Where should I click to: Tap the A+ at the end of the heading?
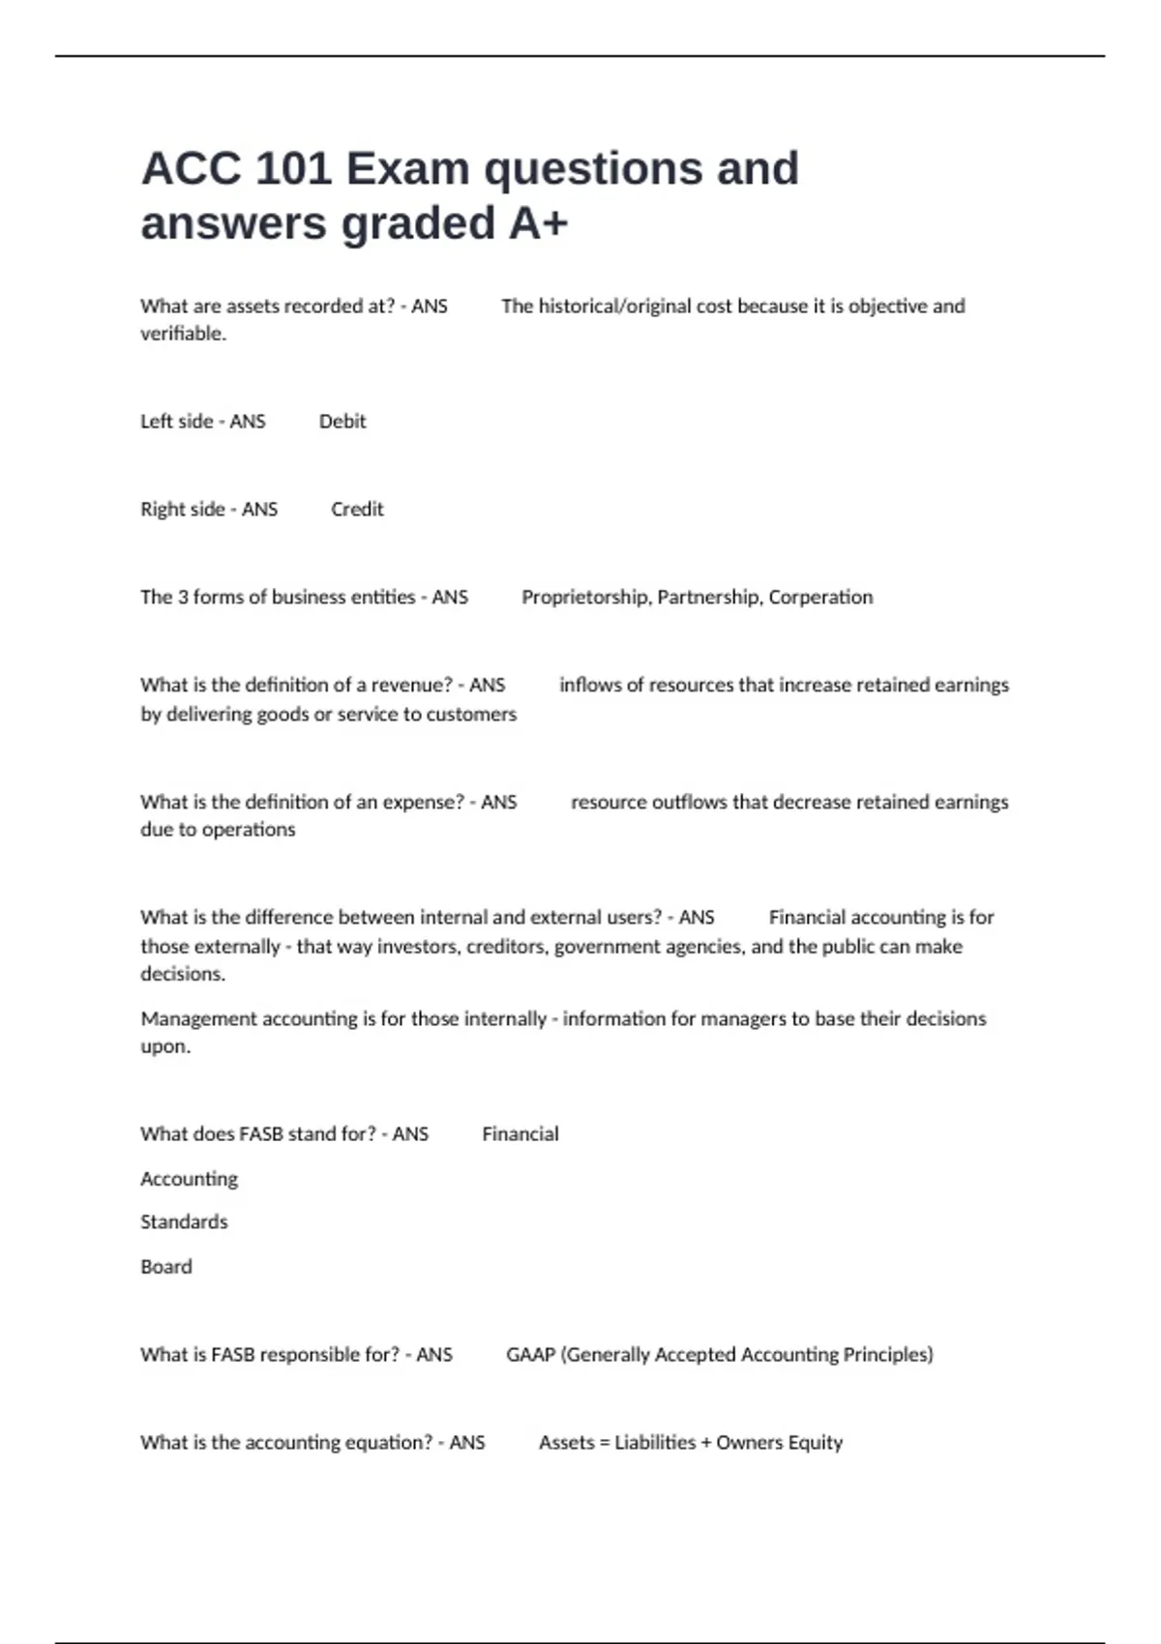tap(539, 224)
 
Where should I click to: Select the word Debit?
tap(342, 422)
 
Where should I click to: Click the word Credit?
tap(357, 510)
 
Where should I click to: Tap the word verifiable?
tap(183, 334)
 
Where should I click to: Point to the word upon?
tap(164, 1046)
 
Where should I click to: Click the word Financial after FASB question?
tap(521, 1134)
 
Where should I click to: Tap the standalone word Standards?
tap(184, 1222)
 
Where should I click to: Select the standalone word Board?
tap(166, 1267)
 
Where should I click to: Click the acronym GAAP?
tap(530, 1355)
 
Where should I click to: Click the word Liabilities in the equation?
tap(655, 1443)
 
